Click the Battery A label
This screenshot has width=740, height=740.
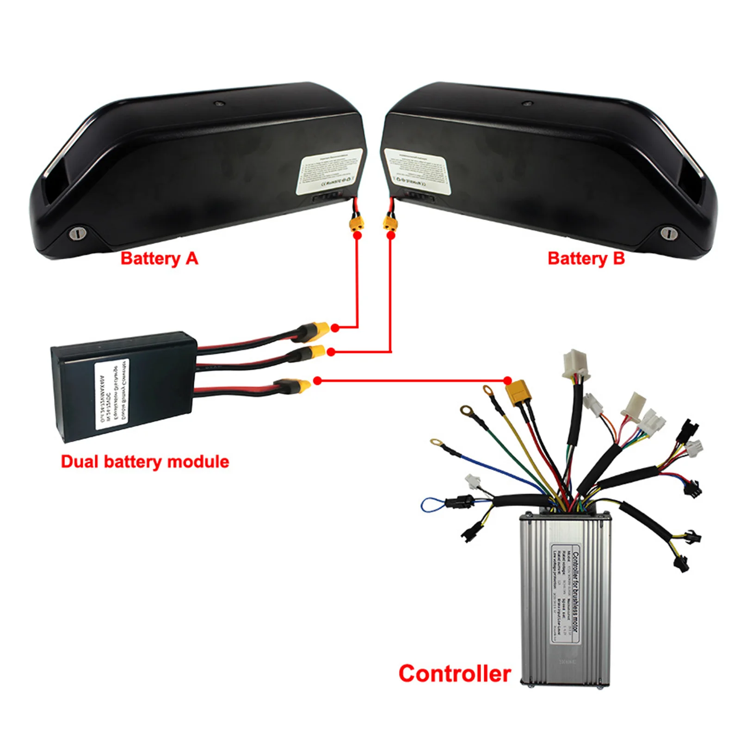click(x=159, y=259)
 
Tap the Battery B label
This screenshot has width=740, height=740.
click(x=586, y=259)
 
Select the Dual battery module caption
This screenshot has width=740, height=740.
click(x=145, y=462)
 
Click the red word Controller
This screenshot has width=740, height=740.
click(x=455, y=673)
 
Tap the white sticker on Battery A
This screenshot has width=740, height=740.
click(x=329, y=171)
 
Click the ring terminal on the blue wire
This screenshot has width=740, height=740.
click(x=436, y=443)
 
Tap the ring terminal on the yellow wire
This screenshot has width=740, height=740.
click(x=488, y=391)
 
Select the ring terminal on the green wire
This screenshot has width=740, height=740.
click(x=466, y=410)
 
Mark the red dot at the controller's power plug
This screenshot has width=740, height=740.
click(x=508, y=381)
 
